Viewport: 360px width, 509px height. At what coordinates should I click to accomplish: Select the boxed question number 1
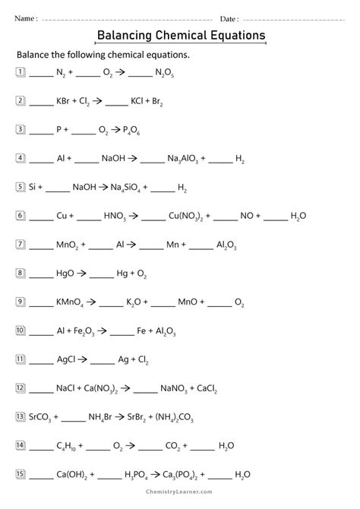coord(20,73)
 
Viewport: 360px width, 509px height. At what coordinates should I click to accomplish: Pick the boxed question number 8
coord(20,272)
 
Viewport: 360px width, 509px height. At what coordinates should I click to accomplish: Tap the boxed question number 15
coord(21,475)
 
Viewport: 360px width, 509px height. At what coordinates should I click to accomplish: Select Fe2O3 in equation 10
coord(90,331)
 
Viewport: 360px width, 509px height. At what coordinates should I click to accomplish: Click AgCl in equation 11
coord(66,359)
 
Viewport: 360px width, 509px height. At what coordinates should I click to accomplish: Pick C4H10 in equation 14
coord(68,446)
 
